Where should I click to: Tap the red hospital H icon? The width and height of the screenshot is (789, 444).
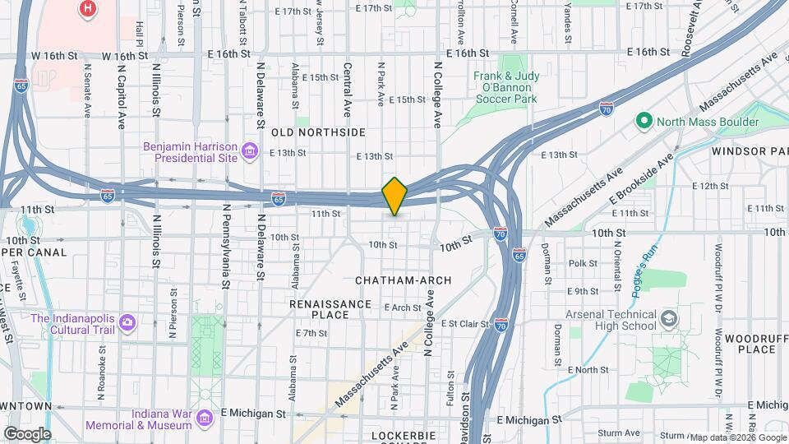88,9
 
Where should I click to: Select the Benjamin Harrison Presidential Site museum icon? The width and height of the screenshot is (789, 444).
250,150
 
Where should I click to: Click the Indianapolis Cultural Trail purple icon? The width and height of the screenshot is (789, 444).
127,321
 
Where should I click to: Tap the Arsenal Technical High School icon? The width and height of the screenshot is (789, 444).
671,317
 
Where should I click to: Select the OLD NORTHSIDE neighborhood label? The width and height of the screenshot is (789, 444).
318,132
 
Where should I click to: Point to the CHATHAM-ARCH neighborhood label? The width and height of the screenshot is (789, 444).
403,280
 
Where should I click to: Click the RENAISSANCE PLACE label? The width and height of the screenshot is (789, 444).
330,309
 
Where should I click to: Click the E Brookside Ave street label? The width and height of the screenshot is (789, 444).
640,178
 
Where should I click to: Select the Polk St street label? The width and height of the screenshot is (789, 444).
582,263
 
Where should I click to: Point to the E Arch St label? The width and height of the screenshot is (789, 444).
403,308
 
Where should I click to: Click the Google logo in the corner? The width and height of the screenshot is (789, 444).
26,434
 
